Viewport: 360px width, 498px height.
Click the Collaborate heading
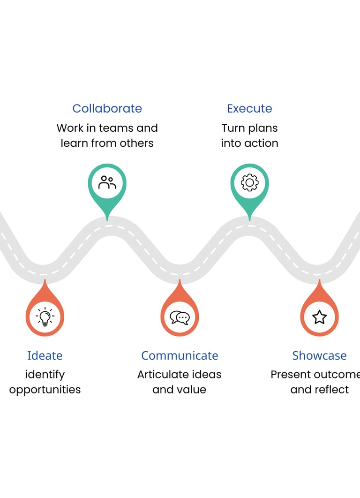click(x=107, y=108)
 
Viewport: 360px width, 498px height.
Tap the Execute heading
click(x=249, y=108)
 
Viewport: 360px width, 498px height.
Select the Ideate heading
click(x=45, y=355)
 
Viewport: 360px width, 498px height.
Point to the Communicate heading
click(x=180, y=355)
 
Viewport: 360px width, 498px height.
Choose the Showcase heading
click(x=319, y=355)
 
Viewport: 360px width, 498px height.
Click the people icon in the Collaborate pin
click(x=107, y=183)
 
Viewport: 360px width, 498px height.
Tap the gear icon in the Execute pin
click(x=249, y=183)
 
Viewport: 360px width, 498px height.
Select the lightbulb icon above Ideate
click(x=45, y=317)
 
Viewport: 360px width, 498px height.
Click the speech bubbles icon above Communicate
click(x=180, y=317)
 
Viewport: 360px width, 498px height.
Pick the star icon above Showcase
click(x=319, y=317)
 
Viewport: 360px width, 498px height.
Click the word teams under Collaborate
click(x=117, y=128)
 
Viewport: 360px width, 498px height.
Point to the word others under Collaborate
click(x=136, y=143)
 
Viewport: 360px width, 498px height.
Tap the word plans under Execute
click(x=262, y=128)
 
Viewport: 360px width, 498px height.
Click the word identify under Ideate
click(x=45, y=375)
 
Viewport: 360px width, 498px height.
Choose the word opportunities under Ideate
click(x=45, y=390)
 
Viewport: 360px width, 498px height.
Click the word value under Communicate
click(x=191, y=390)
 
